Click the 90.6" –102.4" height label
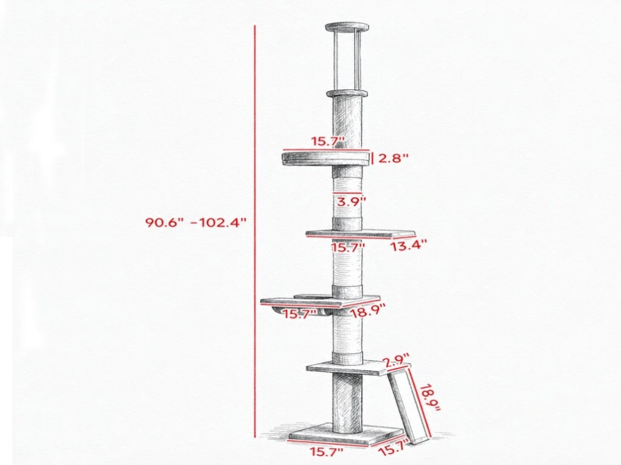[x=196, y=222]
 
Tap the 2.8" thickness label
[x=393, y=158]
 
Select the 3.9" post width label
[x=351, y=202]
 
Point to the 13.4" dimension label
[x=409, y=246]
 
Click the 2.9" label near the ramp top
[x=396, y=361]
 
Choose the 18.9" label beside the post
[x=368, y=310]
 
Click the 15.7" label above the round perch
[x=328, y=141]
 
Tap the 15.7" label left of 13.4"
[x=347, y=247]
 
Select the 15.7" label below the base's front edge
[x=326, y=451]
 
